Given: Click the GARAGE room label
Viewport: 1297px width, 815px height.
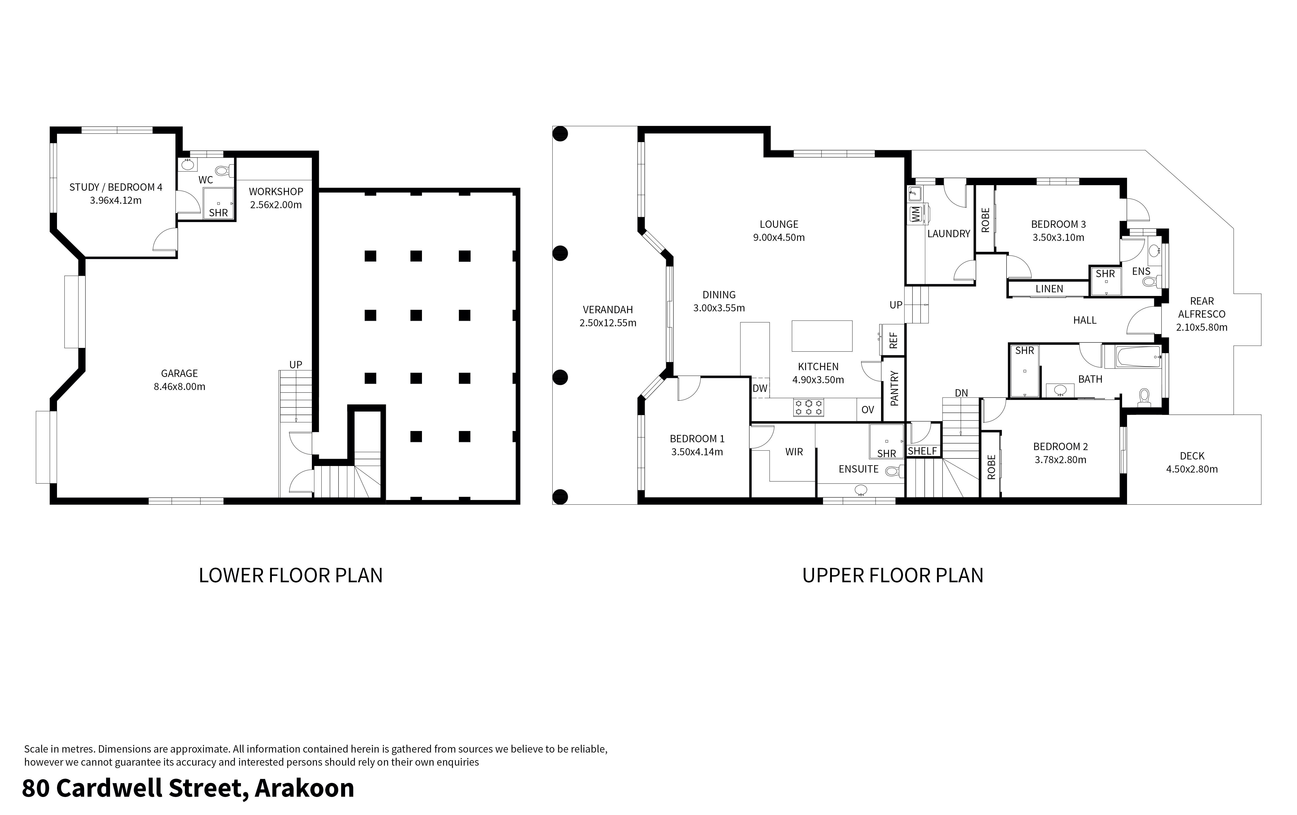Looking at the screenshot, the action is pos(179,373).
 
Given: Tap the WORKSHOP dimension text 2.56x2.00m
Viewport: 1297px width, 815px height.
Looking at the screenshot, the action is pos(276,205).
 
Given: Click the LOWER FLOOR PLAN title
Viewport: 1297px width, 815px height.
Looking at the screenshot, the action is pos(290,575).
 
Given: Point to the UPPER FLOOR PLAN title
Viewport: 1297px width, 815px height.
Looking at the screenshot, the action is pos(893,575).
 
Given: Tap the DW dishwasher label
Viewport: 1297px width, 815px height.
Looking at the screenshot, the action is pos(759,388).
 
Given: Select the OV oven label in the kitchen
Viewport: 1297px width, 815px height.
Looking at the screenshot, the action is pos(867,410).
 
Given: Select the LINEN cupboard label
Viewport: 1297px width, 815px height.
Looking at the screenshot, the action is pos(1049,289).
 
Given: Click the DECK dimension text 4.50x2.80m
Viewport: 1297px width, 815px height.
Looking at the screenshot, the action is pos(1191,469).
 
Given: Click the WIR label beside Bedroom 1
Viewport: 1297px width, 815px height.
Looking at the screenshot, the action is pos(794,452).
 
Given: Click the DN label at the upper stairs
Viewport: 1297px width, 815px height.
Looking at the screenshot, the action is pos(961,393).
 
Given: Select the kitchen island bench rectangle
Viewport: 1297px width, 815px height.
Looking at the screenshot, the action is pos(822,336).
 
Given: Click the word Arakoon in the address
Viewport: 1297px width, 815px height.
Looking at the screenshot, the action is pos(304,788).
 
